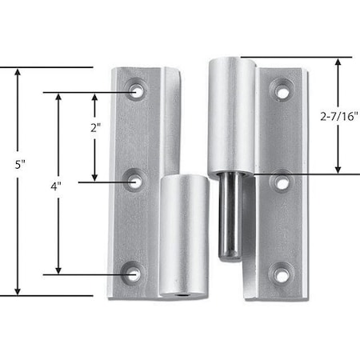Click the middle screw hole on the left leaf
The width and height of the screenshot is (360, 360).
(135, 182)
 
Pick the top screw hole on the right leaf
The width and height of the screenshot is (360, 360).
(282, 91)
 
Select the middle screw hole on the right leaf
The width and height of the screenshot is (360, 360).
(282, 182)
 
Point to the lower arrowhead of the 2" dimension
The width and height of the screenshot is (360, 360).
(95, 178)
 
